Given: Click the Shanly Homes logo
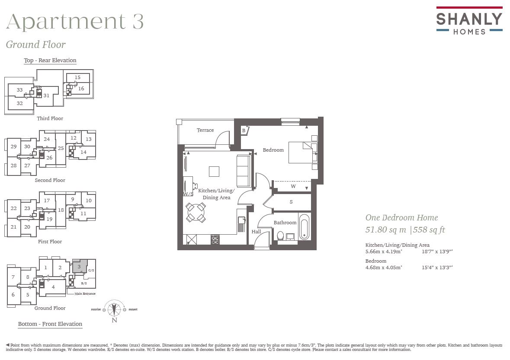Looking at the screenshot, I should [x=469, y=21].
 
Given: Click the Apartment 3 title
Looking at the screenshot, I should [x=75, y=22].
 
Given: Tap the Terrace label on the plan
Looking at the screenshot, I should [x=205, y=130].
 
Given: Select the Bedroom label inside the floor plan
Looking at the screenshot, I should [x=273, y=150].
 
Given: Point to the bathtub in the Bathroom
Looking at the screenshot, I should [x=305, y=226].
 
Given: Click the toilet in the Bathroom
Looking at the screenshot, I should [x=280, y=236].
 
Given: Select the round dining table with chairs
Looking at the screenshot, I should [x=196, y=212].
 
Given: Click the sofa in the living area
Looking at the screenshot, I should [x=243, y=171].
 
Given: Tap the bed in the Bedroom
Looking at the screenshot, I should [x=301, y=152].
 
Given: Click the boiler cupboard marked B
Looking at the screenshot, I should [x=244, y=130].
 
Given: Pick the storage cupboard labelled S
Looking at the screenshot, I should [x=291, y=202].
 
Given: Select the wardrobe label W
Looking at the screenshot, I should [x=293, y=186].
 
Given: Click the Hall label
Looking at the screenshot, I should [x=257, y=232].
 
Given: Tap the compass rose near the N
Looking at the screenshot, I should [x=114, y=309].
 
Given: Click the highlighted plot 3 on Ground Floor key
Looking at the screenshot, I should [x=79, y=267].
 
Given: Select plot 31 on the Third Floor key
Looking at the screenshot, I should [x=46, y=96].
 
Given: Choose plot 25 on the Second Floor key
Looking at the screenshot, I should [x=61, y=148].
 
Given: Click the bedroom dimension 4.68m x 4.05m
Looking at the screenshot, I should [x=384, y=268].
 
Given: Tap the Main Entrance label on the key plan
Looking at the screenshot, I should [x=85, y=294].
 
